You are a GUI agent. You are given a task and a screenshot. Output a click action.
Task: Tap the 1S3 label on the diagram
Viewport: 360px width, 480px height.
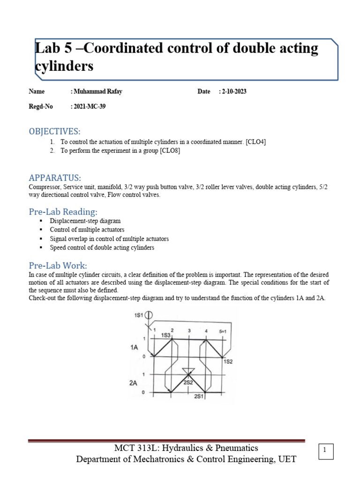[165, 336]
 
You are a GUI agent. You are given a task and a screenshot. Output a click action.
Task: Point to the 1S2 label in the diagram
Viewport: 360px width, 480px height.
[228, 361]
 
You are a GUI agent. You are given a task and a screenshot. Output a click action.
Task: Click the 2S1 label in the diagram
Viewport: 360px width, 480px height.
[199, 397]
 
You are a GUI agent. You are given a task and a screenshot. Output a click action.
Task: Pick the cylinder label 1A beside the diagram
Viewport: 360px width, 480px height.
[134, 347]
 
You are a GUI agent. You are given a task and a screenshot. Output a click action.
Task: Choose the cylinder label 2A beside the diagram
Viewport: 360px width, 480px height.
[134, 382]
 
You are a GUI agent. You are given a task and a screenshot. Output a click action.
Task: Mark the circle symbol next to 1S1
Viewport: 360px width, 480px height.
[150, 316]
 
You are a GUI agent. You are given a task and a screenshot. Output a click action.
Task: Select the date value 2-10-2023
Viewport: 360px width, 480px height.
[232, 91]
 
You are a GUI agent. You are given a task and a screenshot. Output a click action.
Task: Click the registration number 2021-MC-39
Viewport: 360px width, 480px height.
[88, 106]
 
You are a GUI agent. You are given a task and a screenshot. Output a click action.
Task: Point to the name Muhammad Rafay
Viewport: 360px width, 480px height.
[98, 91]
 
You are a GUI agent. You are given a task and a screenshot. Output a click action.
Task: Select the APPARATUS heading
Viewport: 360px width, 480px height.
[55, 178]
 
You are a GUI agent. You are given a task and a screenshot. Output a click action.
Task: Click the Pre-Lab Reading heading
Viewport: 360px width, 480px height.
[63, 211]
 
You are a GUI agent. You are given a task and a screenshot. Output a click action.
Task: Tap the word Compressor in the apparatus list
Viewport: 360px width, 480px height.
[45, 187]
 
